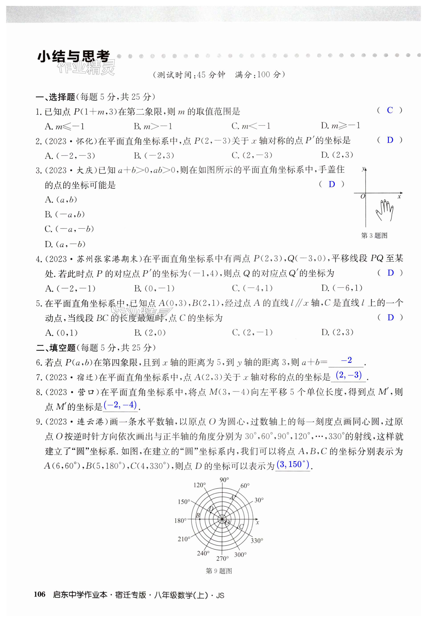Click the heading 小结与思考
[x=74, y=57]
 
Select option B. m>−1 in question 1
[x=153, y=126]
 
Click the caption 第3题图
[x=374, y=236]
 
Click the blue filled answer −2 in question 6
[x=346, y=360]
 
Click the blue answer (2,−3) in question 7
[x=348, y=375]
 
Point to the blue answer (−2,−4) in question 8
[x=120, y=405]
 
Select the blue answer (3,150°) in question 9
[x=293, y=464]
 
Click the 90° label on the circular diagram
[x=224, y=480]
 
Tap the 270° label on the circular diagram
[x=222, y=559]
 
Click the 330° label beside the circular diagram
[x=257, y=541]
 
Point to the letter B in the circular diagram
[x=198, y=515]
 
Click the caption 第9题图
[x=219, y=571]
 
